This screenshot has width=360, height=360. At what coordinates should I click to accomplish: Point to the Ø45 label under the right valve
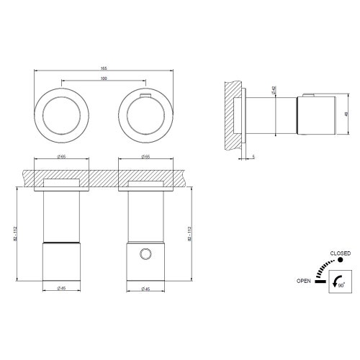[145, 289]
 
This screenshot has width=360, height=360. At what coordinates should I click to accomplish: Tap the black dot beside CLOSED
[330, 260]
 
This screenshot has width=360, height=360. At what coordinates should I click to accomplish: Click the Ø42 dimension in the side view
[274, 91]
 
